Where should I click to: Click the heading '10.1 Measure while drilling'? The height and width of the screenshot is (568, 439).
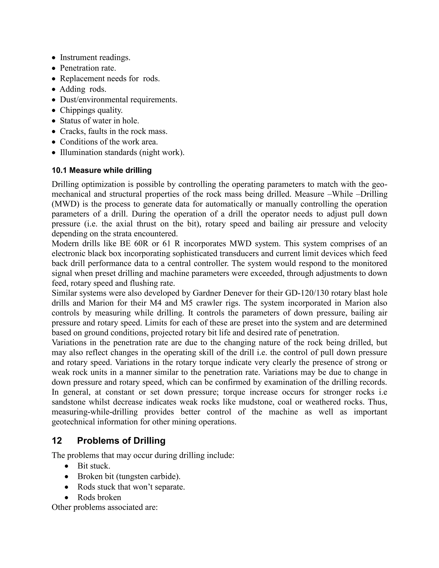point(101,170)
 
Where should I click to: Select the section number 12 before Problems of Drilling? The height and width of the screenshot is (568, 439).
point(57,440)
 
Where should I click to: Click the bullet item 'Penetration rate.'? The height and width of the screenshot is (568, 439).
point(88,68)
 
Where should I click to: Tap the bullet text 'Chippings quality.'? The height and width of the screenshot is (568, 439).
point(91,110)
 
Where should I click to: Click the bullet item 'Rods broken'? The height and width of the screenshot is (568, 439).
point(99,497)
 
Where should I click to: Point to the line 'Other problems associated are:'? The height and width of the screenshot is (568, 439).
point(105,507)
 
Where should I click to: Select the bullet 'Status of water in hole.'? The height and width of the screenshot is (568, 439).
point(99,121)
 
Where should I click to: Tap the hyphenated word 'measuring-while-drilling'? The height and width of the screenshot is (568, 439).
point(95,412)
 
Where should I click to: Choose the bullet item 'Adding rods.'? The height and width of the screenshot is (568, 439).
point(83,89)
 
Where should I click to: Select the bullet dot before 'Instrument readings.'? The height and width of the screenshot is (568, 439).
point(54,58)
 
